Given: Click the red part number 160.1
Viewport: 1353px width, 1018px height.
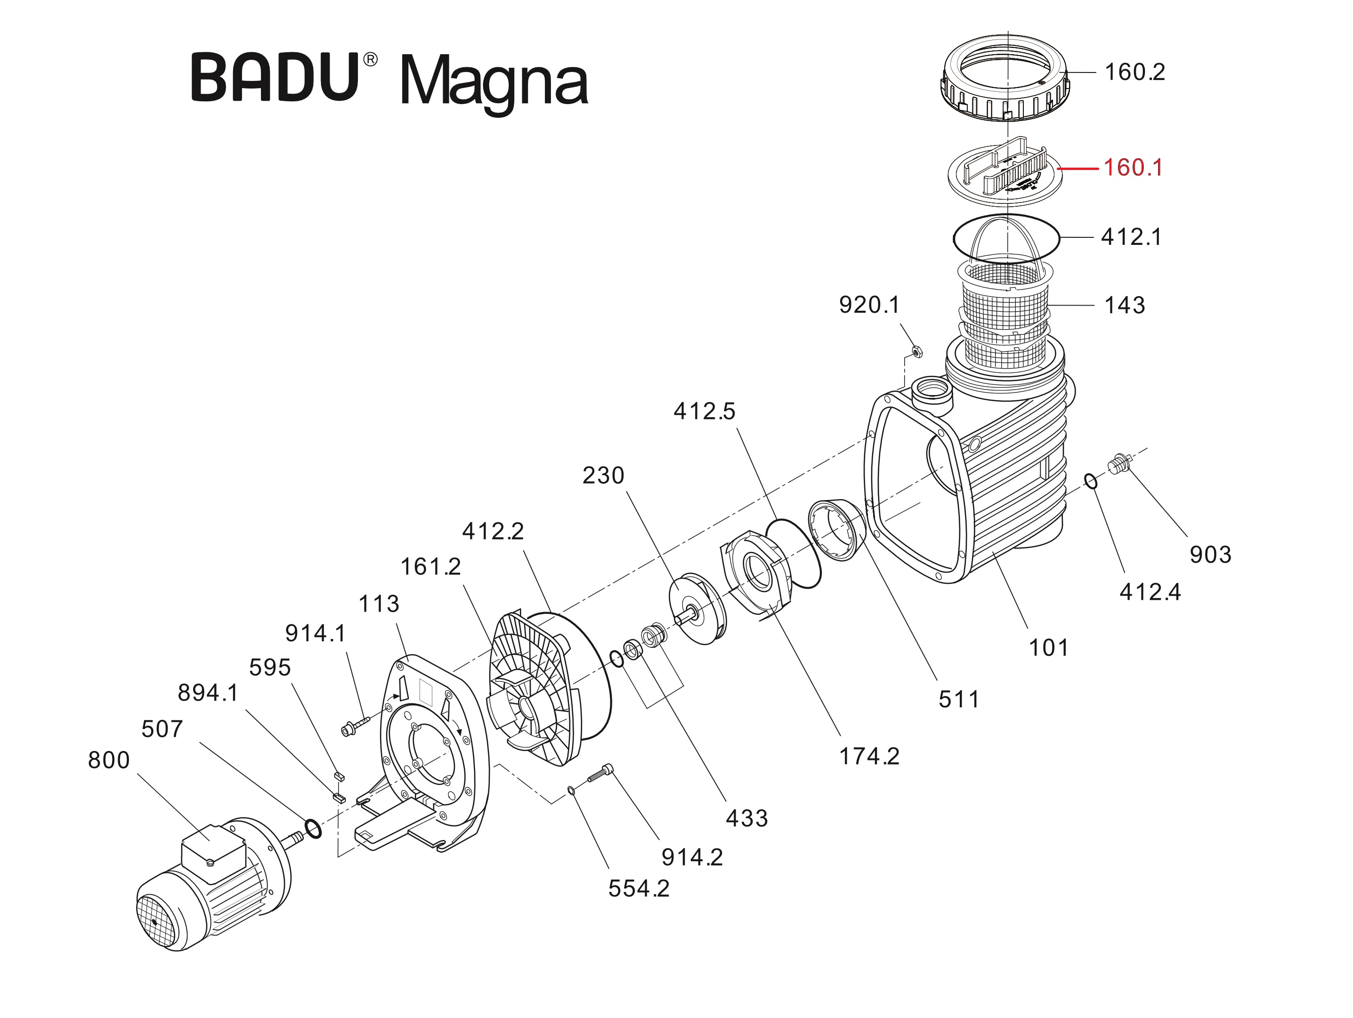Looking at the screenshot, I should [1132, 168].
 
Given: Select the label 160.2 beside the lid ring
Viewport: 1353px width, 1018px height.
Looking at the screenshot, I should [1134, 72].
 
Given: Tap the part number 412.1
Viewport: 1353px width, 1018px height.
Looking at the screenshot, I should [1131, 237].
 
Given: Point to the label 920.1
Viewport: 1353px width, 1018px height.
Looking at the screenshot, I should [869, 305].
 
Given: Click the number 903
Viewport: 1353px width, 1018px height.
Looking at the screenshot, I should [1210, 555].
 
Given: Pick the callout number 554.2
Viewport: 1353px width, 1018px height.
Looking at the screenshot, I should [639, 889].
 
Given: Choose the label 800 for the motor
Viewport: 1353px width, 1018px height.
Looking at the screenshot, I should [109, 760].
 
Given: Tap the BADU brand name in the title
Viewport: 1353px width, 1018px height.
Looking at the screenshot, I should [275, 78].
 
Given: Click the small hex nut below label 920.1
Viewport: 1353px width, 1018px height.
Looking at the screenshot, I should [916, 352].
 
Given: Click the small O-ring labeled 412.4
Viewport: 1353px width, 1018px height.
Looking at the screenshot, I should [1091, 482].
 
